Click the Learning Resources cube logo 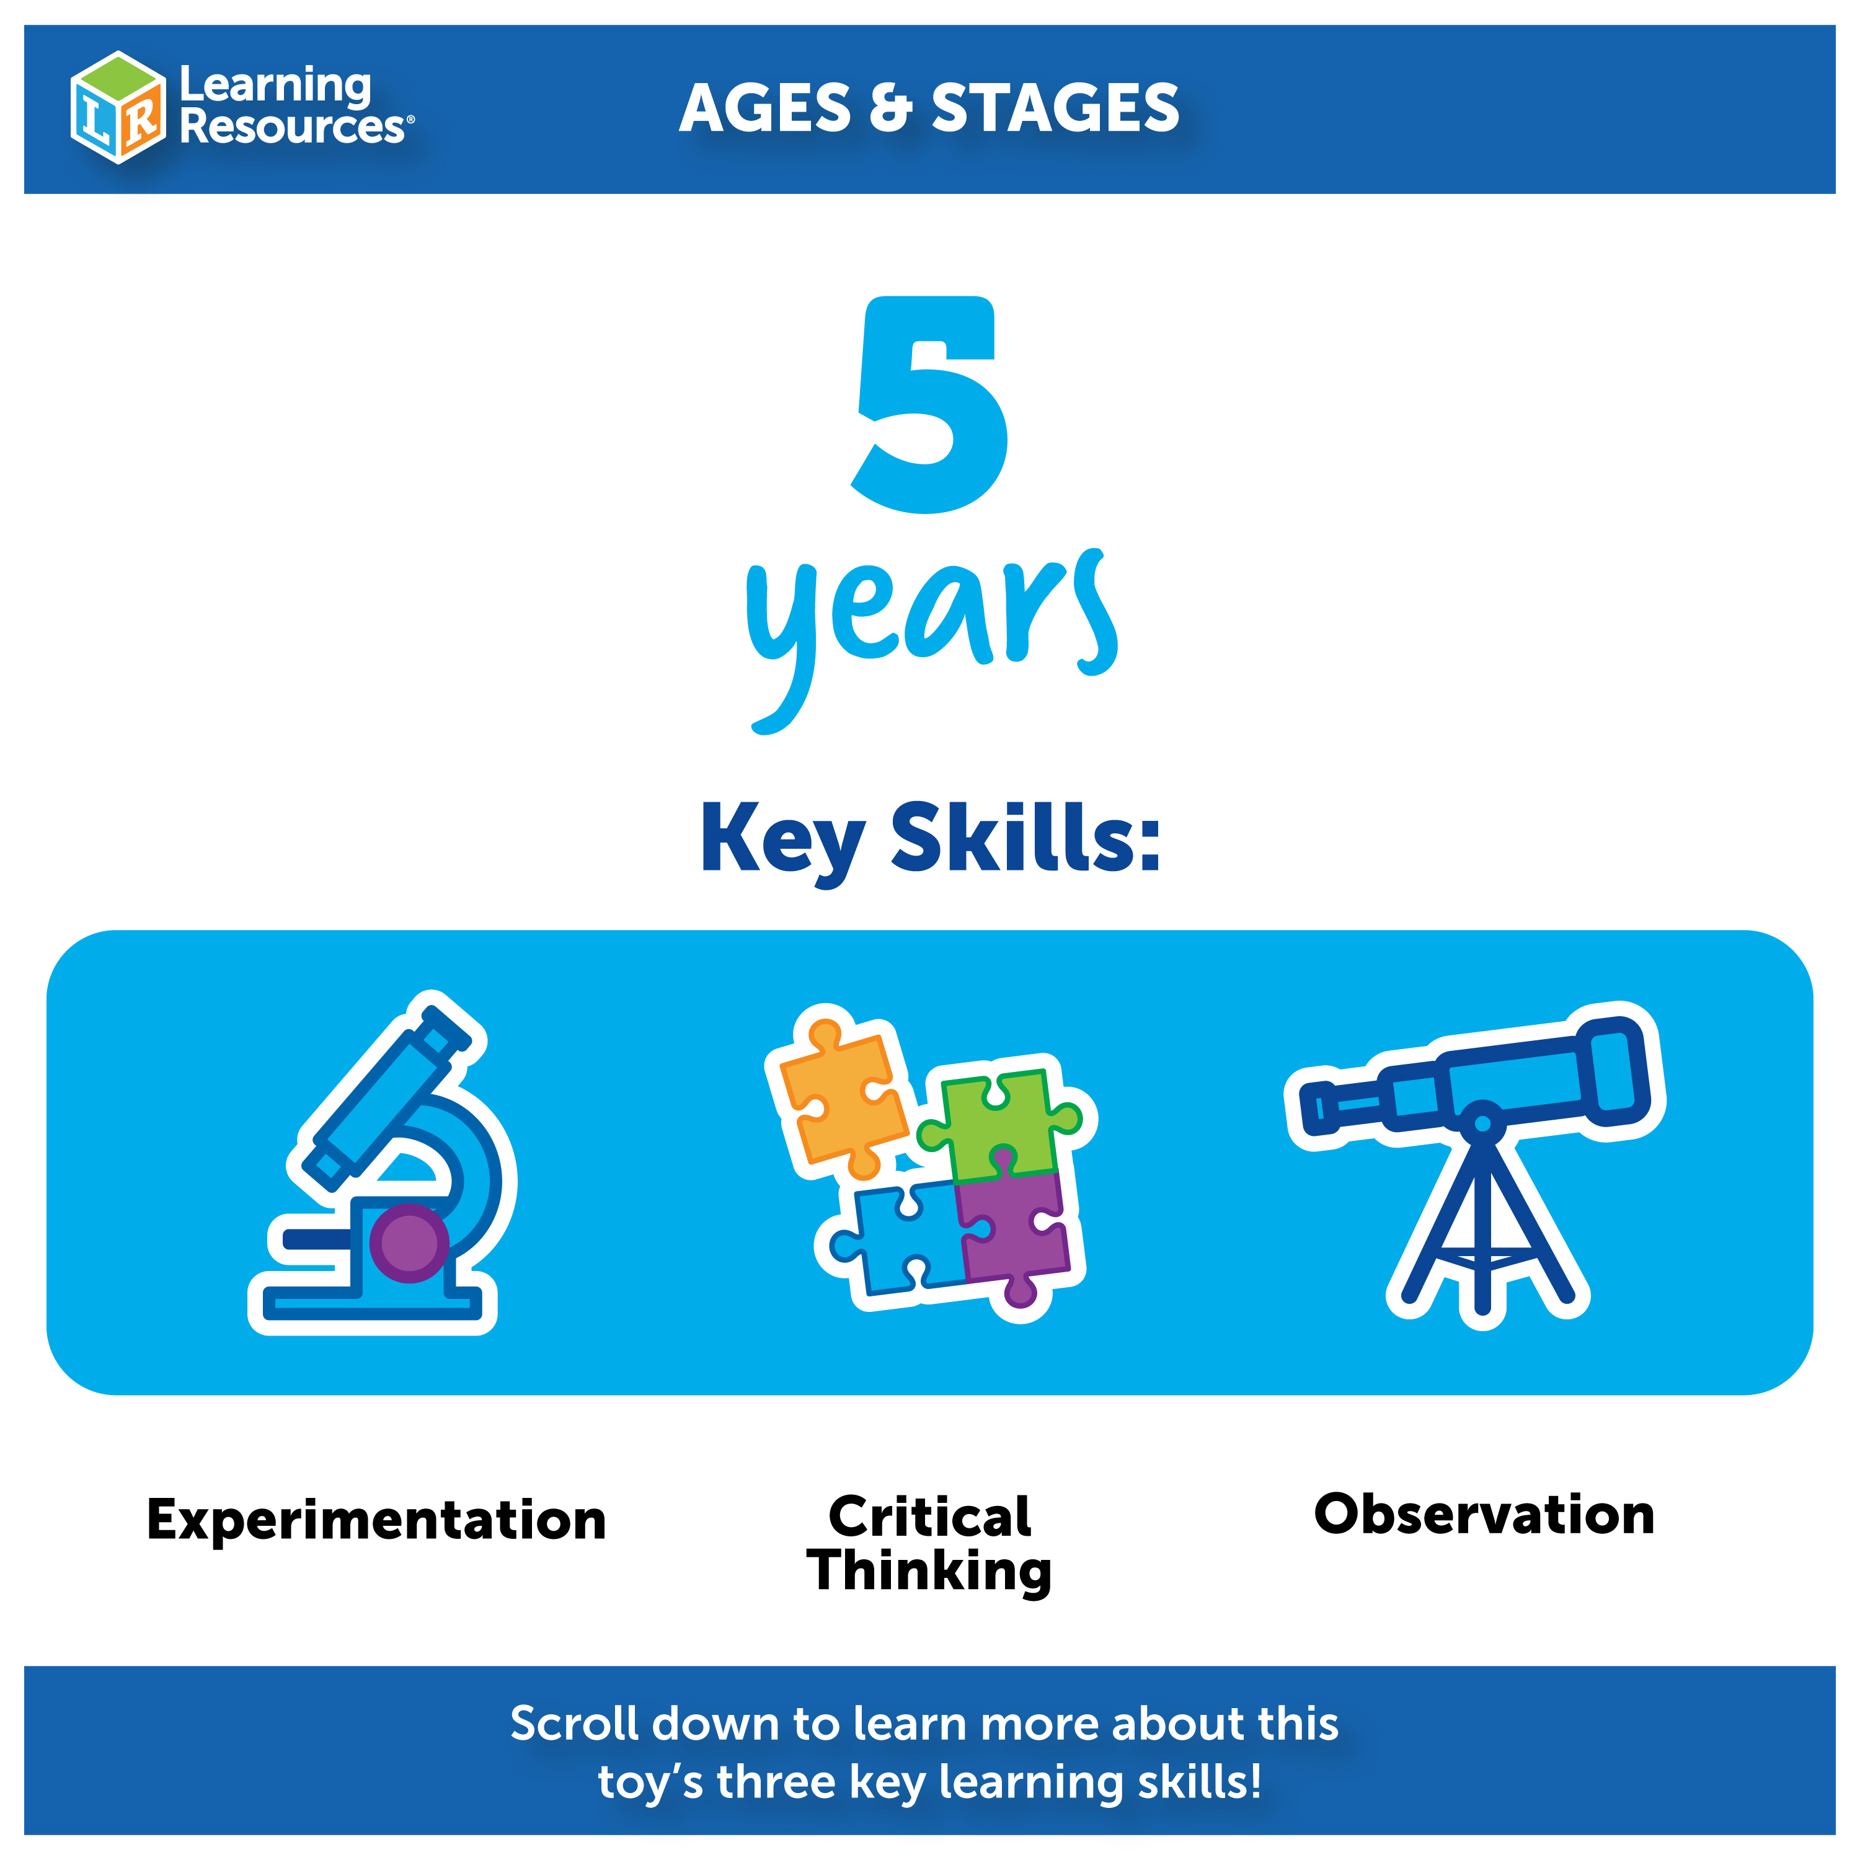117,107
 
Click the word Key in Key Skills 782,839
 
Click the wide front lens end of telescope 1618,1071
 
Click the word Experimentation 376,1520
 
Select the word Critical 930,1517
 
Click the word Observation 1484,1515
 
